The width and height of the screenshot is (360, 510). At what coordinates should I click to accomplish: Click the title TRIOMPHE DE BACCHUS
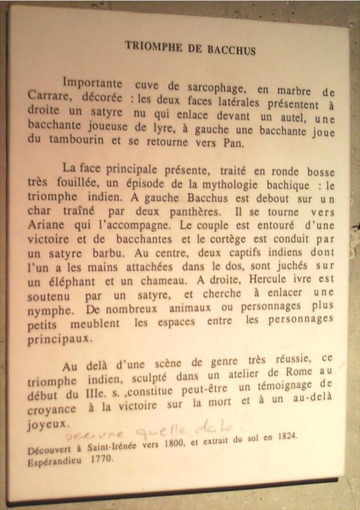coord(190,48)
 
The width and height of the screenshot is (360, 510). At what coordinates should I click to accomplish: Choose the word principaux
coord(60,339)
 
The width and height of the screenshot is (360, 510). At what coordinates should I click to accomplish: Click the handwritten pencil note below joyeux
coord(145,431)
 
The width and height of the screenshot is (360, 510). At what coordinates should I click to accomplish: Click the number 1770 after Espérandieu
coord(102,460)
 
